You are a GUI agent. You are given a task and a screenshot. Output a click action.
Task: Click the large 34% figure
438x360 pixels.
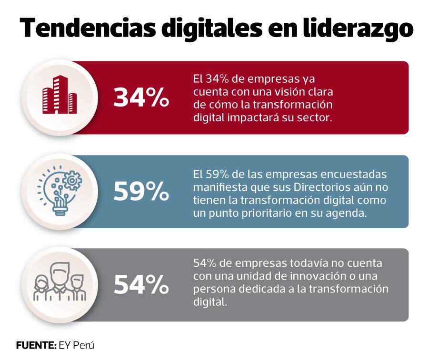[x=141, y=98]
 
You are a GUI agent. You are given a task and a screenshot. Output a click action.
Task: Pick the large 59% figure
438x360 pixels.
[x=141, y=192]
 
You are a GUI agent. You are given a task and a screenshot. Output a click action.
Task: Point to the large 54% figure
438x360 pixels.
[x=141, y=285]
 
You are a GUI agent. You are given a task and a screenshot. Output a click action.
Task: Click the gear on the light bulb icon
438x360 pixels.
[x=71, y=180]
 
